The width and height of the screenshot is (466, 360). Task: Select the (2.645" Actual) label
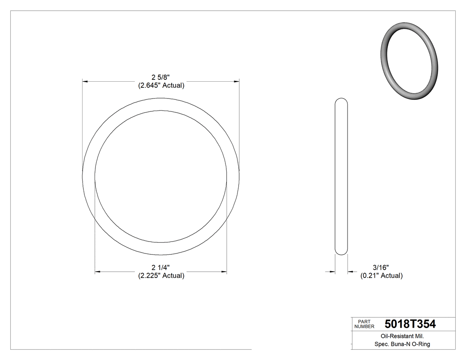[x=161, y=85]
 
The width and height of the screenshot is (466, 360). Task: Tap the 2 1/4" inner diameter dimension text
[x=161, y=267]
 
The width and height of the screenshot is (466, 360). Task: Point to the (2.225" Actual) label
[x=161, y=276]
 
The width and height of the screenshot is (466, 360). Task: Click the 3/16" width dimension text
[x=381, y=267]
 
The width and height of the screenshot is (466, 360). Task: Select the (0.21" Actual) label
[x=381, y=276]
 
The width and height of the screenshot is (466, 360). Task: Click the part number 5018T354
[x=410, y=324]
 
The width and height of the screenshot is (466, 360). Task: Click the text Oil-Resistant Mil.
[x=399, y=336]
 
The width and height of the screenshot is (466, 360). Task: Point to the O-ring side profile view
[x=341, y=177]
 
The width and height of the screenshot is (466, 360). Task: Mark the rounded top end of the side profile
[x=341, y=100]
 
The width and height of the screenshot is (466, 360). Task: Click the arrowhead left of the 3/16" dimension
[x=332, y=272]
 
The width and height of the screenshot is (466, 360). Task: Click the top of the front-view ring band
[x=161, y=104]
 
